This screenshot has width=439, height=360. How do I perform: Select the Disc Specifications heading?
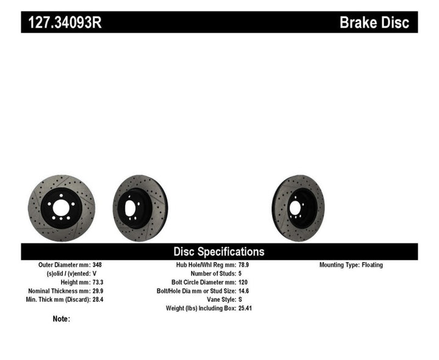point(219,251)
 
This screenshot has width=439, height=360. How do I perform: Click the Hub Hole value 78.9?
point(244,265)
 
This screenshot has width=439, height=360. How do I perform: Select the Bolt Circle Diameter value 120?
point(243,283)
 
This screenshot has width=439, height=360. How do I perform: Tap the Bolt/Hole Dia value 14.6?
point(244,291)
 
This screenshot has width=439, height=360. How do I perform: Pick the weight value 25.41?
point(246,308)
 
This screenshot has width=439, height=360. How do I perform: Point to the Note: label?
point(61,319)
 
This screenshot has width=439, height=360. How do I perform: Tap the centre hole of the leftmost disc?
point(61,208)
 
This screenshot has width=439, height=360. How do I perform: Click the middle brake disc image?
point(140,208)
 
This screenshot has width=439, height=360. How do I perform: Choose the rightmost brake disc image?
point(298,208)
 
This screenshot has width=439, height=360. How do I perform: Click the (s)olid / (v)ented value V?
point(95,274)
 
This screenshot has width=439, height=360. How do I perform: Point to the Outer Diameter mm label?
point(64,265)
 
